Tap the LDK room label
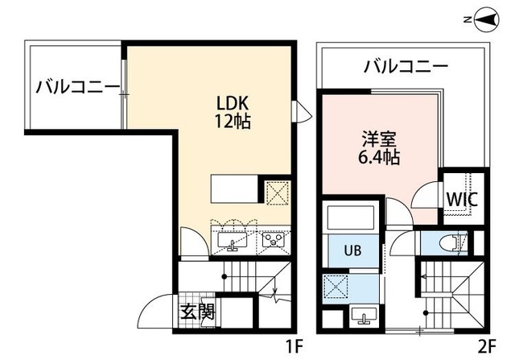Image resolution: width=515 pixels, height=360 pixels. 233,104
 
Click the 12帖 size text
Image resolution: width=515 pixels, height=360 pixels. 233,122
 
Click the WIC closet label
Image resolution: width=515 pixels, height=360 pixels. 462,198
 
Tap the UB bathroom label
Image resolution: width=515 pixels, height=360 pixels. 353,250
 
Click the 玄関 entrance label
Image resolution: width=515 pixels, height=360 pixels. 196,311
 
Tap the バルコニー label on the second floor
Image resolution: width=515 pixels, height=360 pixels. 405,66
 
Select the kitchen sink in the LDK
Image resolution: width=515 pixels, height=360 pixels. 234,239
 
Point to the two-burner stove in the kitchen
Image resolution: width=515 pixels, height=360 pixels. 273,239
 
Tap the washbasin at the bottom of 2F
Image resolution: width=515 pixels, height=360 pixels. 360,315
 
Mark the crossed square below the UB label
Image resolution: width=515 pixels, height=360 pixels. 335,285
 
